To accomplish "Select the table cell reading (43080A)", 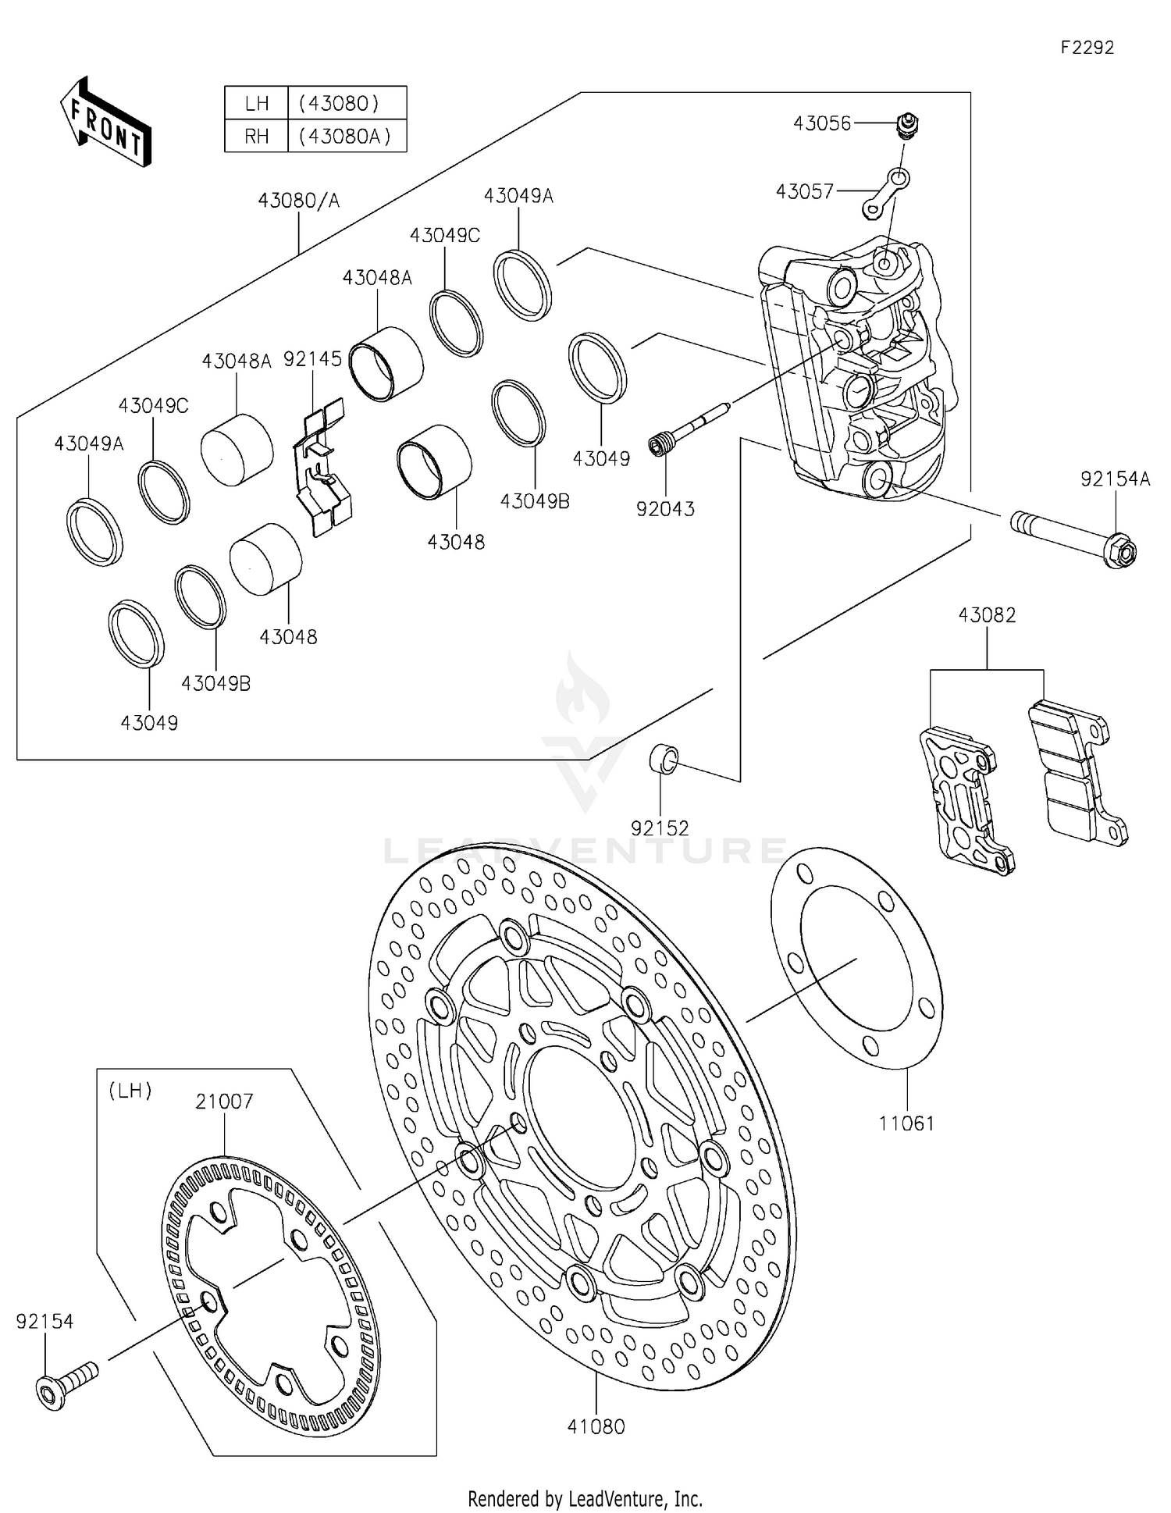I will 347,136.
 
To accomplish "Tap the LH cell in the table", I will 256,103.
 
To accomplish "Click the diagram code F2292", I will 1087,48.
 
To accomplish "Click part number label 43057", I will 804,191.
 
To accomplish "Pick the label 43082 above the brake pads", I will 987,615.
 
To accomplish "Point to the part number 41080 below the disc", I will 596,1426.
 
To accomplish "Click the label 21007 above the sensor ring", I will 224,1102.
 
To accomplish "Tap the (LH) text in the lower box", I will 130,1091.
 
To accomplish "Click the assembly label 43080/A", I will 299,201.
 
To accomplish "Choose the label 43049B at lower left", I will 215,683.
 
